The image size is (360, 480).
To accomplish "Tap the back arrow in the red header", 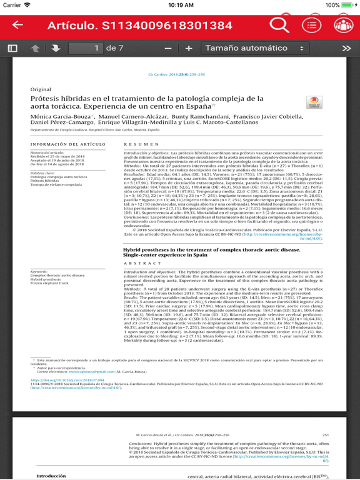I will coord(17,25).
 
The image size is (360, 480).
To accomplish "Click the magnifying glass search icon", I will coord(279,25).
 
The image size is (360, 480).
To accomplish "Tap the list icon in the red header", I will coord(312,25).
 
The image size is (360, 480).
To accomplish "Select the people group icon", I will coord(343,25).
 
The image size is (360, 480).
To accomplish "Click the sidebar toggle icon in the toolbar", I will coord(12,48).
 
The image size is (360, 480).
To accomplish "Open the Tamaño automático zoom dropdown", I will coord(255,48).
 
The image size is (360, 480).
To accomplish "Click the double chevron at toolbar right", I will coord(346,48).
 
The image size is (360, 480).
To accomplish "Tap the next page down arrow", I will coord(55,48).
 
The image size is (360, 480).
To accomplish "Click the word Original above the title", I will coord(41,89).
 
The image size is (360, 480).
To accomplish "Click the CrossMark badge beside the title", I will coord(314,103).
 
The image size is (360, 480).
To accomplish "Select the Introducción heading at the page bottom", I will coord(51,476).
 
